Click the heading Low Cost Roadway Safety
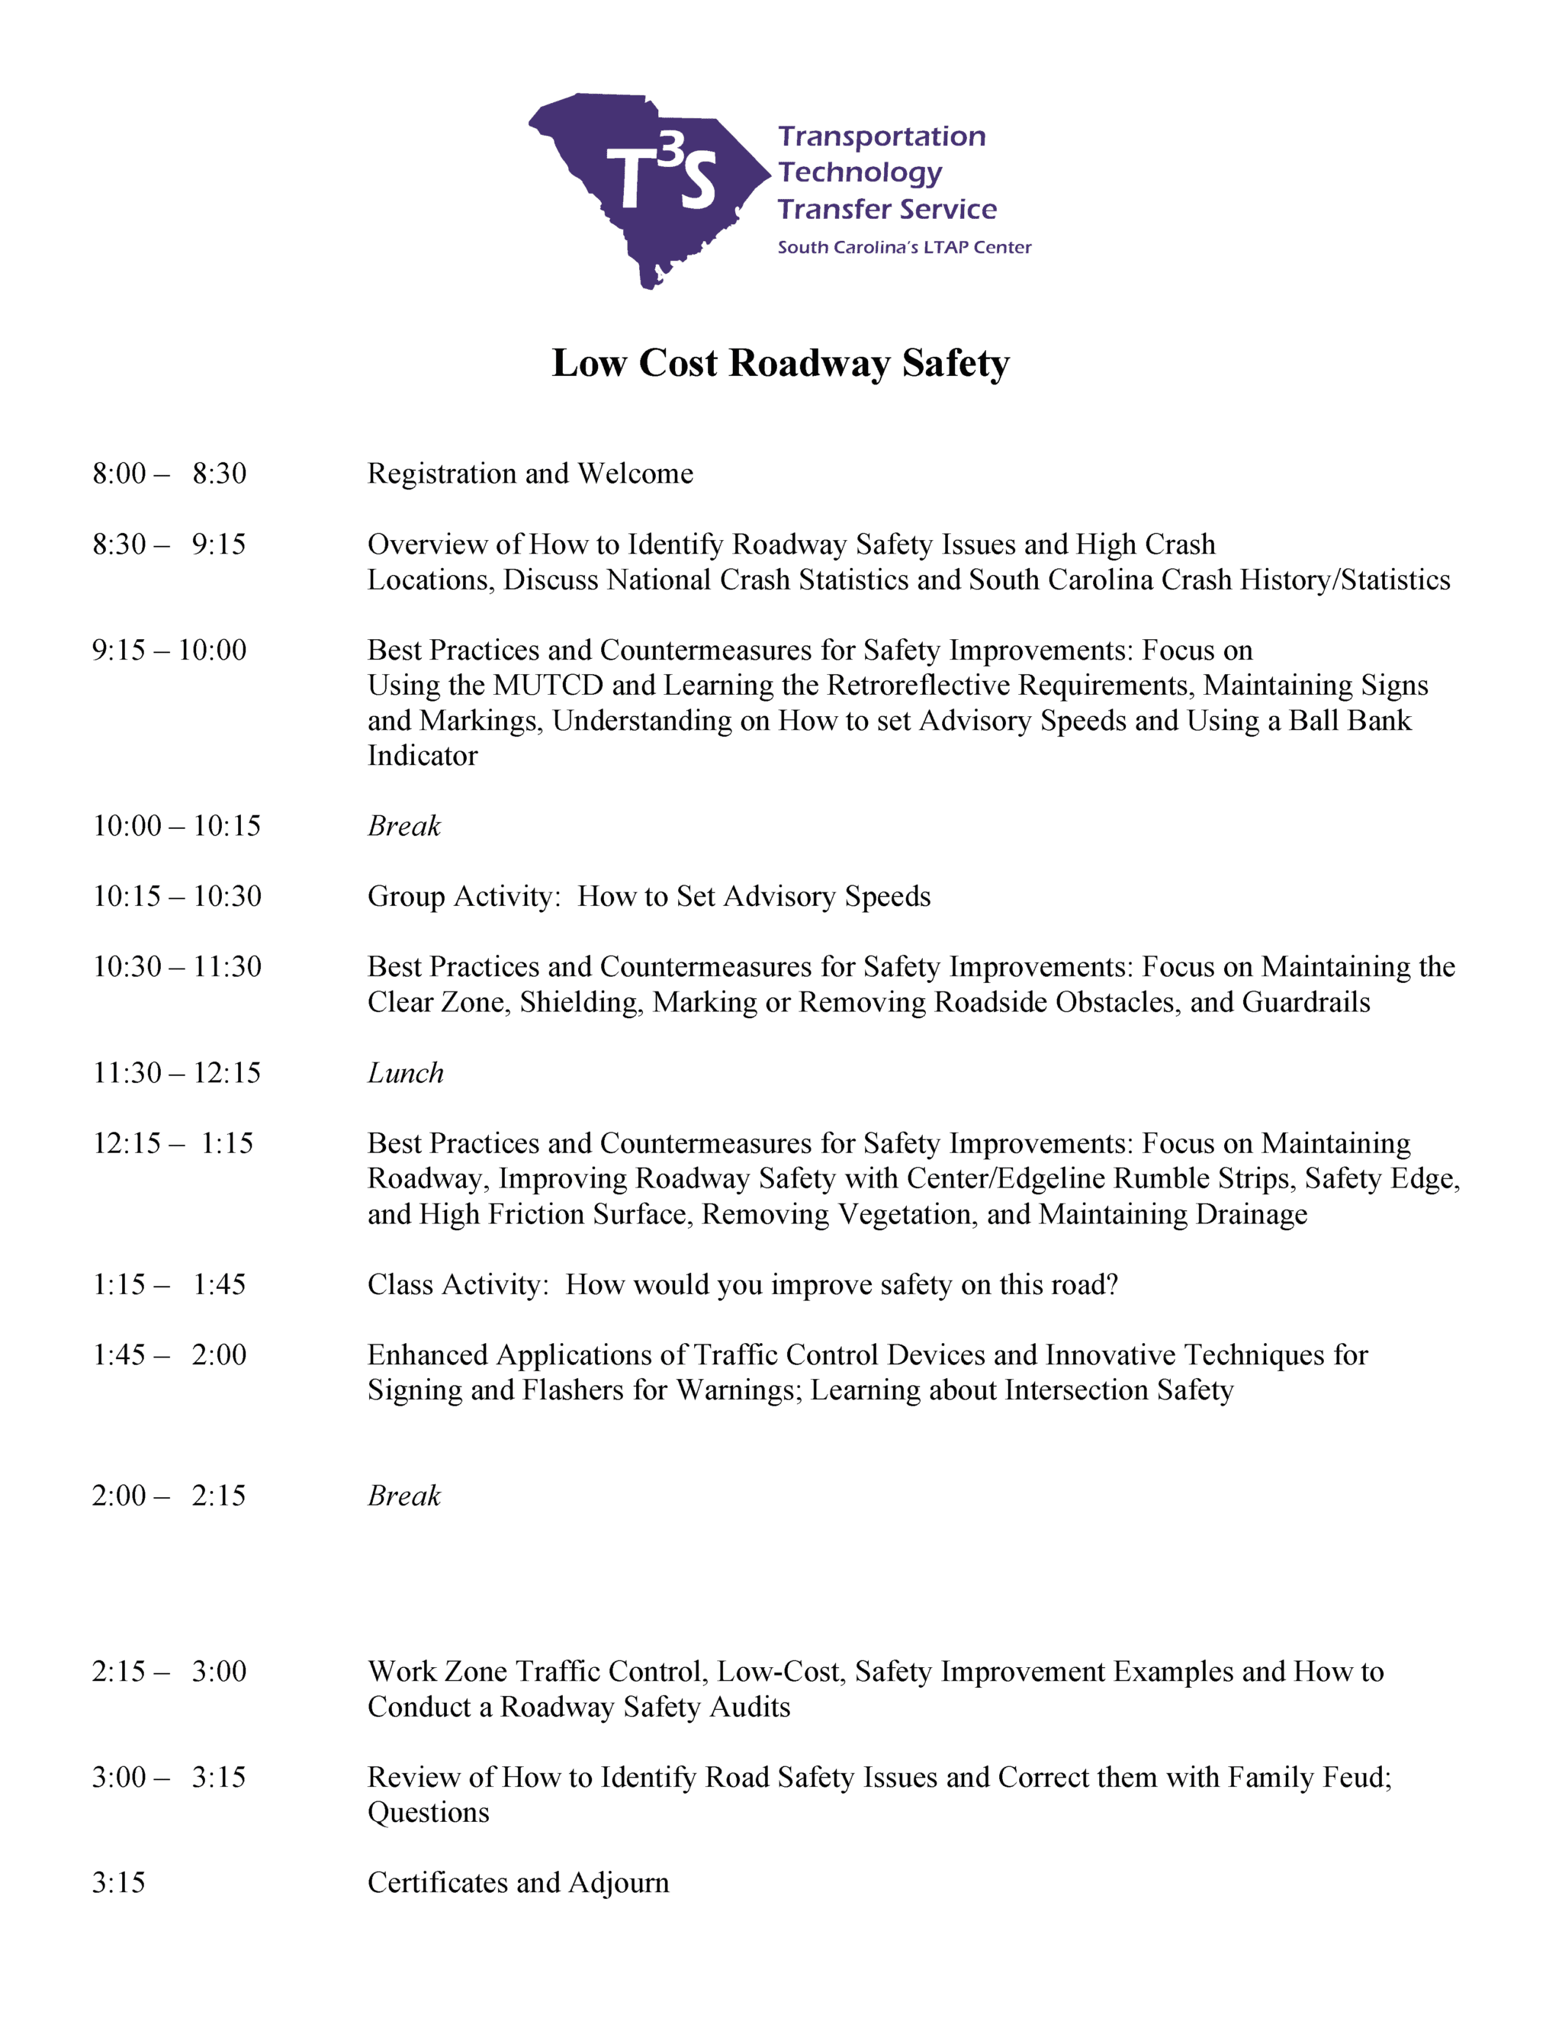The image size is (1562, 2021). click(780, 363)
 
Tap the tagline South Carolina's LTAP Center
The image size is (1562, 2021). click(904, 247)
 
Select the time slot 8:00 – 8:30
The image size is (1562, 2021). click(169, 474)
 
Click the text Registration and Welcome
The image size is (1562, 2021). click(530, 474)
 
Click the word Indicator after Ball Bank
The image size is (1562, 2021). click(423, 756)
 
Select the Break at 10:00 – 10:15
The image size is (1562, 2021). click(404, 827)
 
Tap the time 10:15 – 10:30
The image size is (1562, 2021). click(177, 897)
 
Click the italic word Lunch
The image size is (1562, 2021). click(405, 1074)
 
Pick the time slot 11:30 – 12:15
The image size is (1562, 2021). click(177, 1074)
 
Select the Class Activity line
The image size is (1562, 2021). click(742, 1285)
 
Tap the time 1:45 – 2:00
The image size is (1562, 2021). click(169, 1356)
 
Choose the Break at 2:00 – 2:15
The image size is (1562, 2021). click(404, 1496)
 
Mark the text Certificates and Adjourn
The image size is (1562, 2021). click(518, 1883)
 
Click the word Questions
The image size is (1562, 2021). click(429, 1813)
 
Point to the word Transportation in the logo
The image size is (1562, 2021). click(882, 137)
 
